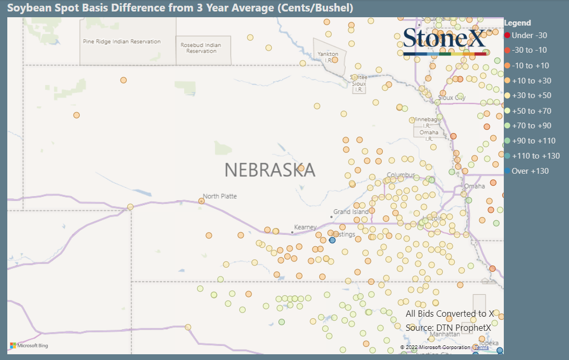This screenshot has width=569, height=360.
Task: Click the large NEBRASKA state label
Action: [x=270, y=170]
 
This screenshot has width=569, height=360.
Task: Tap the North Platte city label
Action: [x=220, y=196]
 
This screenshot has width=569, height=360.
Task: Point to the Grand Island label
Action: [x=351, y=212]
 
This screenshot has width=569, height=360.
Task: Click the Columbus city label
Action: [x=401, y=175]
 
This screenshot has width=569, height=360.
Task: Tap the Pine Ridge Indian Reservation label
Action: [x=122, y=42]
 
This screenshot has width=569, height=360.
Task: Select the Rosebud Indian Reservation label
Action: [x=201, y=48]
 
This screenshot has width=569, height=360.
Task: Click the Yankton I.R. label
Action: [x=328, y=57]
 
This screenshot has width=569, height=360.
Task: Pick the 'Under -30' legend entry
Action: [x=529, y=35]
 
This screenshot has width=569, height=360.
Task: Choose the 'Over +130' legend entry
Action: [x=530, y=171]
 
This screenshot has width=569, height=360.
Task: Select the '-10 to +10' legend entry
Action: [x=530, y=66]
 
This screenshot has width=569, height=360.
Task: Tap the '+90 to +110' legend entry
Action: [x=534, y=141]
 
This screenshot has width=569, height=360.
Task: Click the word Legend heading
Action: [x=517, y=23]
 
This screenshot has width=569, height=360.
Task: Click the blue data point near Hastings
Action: [x=332, y=240]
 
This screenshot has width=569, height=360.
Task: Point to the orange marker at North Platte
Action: [x=201, y=201]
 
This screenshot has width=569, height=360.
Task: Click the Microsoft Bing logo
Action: [x=29, y=345]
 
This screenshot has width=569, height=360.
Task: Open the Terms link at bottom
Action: [x=481, y=347]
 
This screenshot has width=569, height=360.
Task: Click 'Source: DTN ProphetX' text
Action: [x=448, y=328]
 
